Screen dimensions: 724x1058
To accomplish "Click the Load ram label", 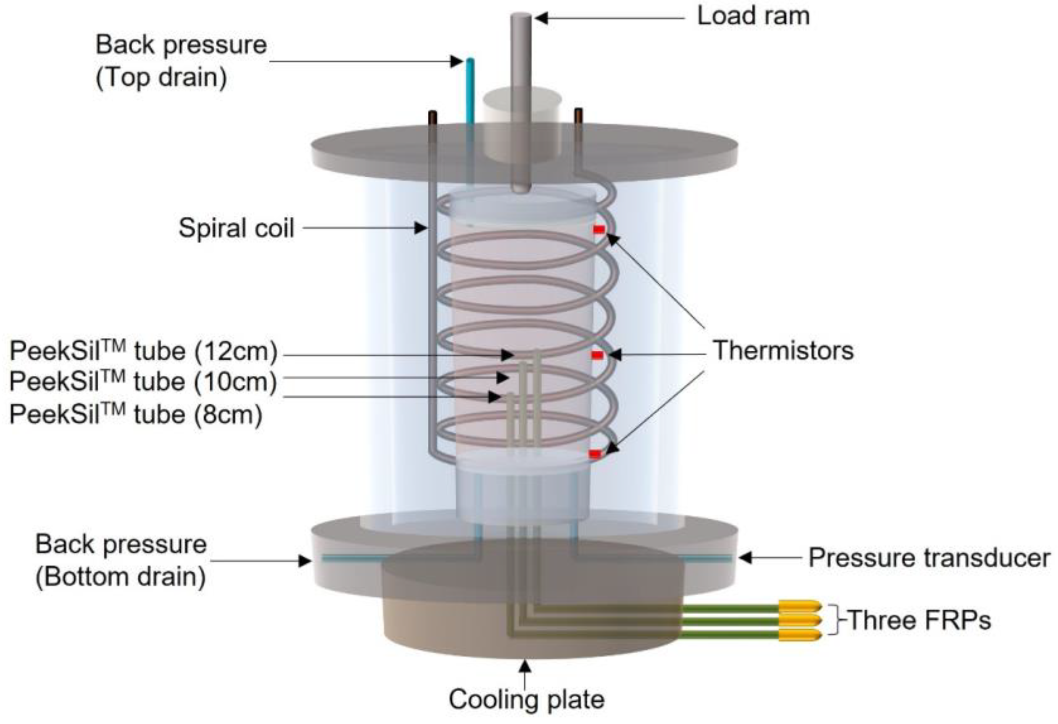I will pos(753,16).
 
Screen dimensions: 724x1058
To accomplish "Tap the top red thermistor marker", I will pos(599,230).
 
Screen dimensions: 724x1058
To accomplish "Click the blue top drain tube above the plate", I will pos(470,91).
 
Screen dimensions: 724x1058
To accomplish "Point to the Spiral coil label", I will pos(236,228).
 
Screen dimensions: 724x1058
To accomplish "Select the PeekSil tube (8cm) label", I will pos(136,415).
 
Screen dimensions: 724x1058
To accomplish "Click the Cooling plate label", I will pos(527,699).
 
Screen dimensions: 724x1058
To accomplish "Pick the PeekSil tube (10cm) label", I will pos(143,382).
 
